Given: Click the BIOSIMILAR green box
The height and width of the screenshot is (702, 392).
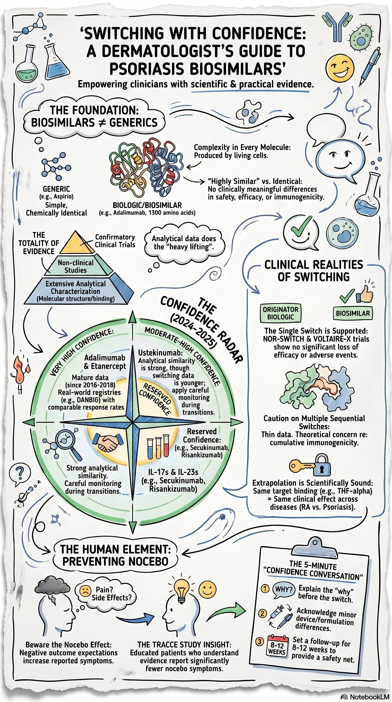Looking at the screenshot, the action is click(x=352, y=314).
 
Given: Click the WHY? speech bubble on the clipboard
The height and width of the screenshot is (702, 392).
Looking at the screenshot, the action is click(x=284, y=589).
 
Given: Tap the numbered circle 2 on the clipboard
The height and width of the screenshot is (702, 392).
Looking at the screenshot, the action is click(x=262, y=613).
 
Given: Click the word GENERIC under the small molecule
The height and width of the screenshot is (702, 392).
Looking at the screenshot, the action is click(x=56, y=189).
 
